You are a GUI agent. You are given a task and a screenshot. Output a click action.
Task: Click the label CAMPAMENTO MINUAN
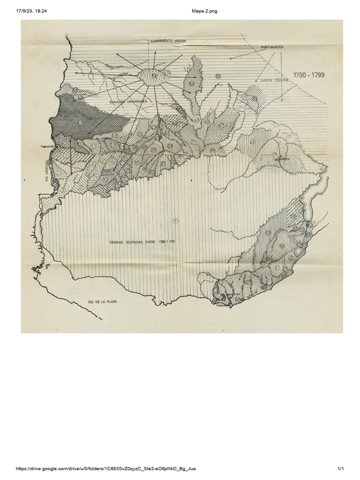click(170, 41)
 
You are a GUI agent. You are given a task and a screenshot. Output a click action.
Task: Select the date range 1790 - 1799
click(308, 75)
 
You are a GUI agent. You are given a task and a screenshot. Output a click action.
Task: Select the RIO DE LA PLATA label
click(102, 302)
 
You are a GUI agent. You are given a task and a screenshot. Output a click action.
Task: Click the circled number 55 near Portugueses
click(218, 76)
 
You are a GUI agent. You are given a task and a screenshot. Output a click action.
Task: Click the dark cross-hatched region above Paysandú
click(87, 121)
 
